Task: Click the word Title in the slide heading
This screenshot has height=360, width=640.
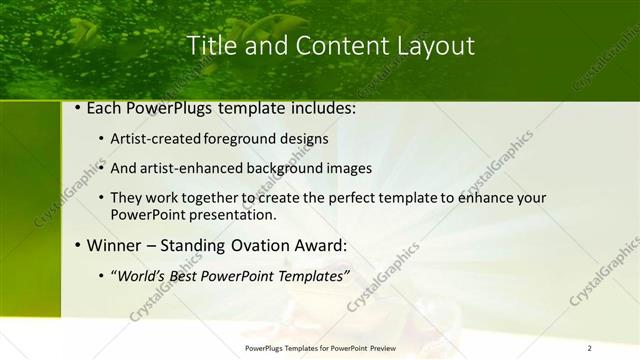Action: click(x=211, y=46)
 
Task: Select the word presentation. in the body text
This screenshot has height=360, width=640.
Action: click(x=238, y=214)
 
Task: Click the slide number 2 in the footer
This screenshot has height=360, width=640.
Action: click(x=589, y=347)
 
